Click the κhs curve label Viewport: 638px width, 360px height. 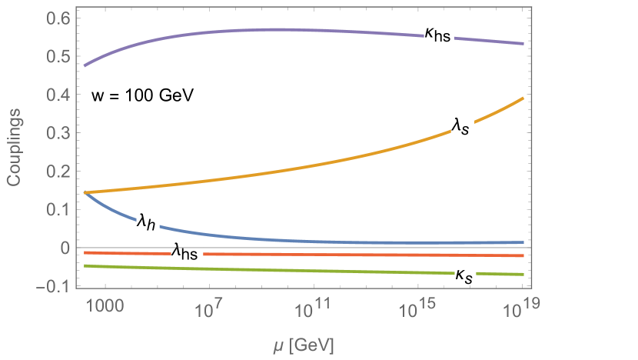pos(439,33)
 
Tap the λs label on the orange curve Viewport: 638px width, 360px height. pos(460,125)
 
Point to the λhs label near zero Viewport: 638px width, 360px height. pos(187,252)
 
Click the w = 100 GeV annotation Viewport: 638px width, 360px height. pos(143,96)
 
